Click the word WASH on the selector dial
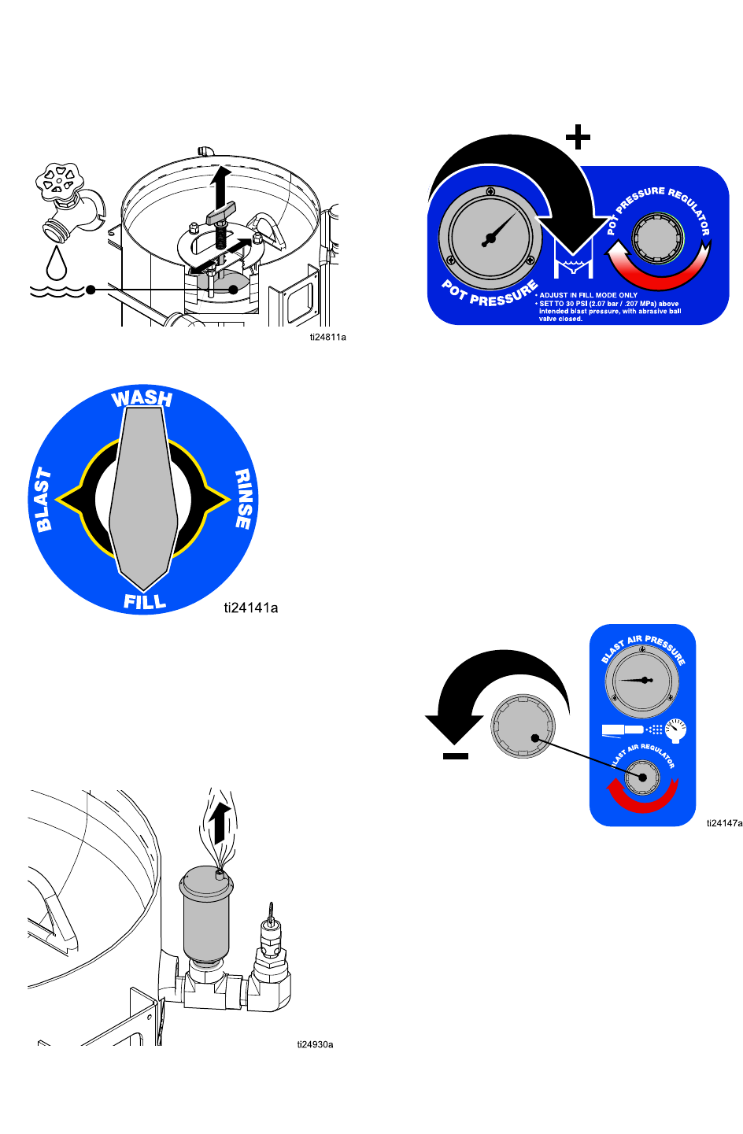pyautogui.click(x=142, y=398)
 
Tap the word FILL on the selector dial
pyautogui.click(x=145, y=602)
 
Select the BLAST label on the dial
pyautogui.click(x=44, y=500)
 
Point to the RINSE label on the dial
pyautogui.click(x=243, y=499)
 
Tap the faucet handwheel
pyautogui.click(x=60, y=180)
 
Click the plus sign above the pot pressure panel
pyautogui.click(x=578, y=139)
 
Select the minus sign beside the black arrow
pyautogui.click(x=456, y=756)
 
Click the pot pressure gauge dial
pyautogui.click(x=490, y=235)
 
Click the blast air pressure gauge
pyautogui.click(x=643, y=680)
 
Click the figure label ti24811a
pyautogui.click(x=327, y=337)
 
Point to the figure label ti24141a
pyautogui.click(x=250, y=608)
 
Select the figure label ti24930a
pyautogui.click(x=315, y=1044)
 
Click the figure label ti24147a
pyautogui.click(x=724, y=823)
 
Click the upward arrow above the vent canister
pyautogui.click(x=222, y=823)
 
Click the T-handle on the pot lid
pyautogui.click(x=221, y=212)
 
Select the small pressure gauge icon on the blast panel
pyautogui.click(x=675, y=730)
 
